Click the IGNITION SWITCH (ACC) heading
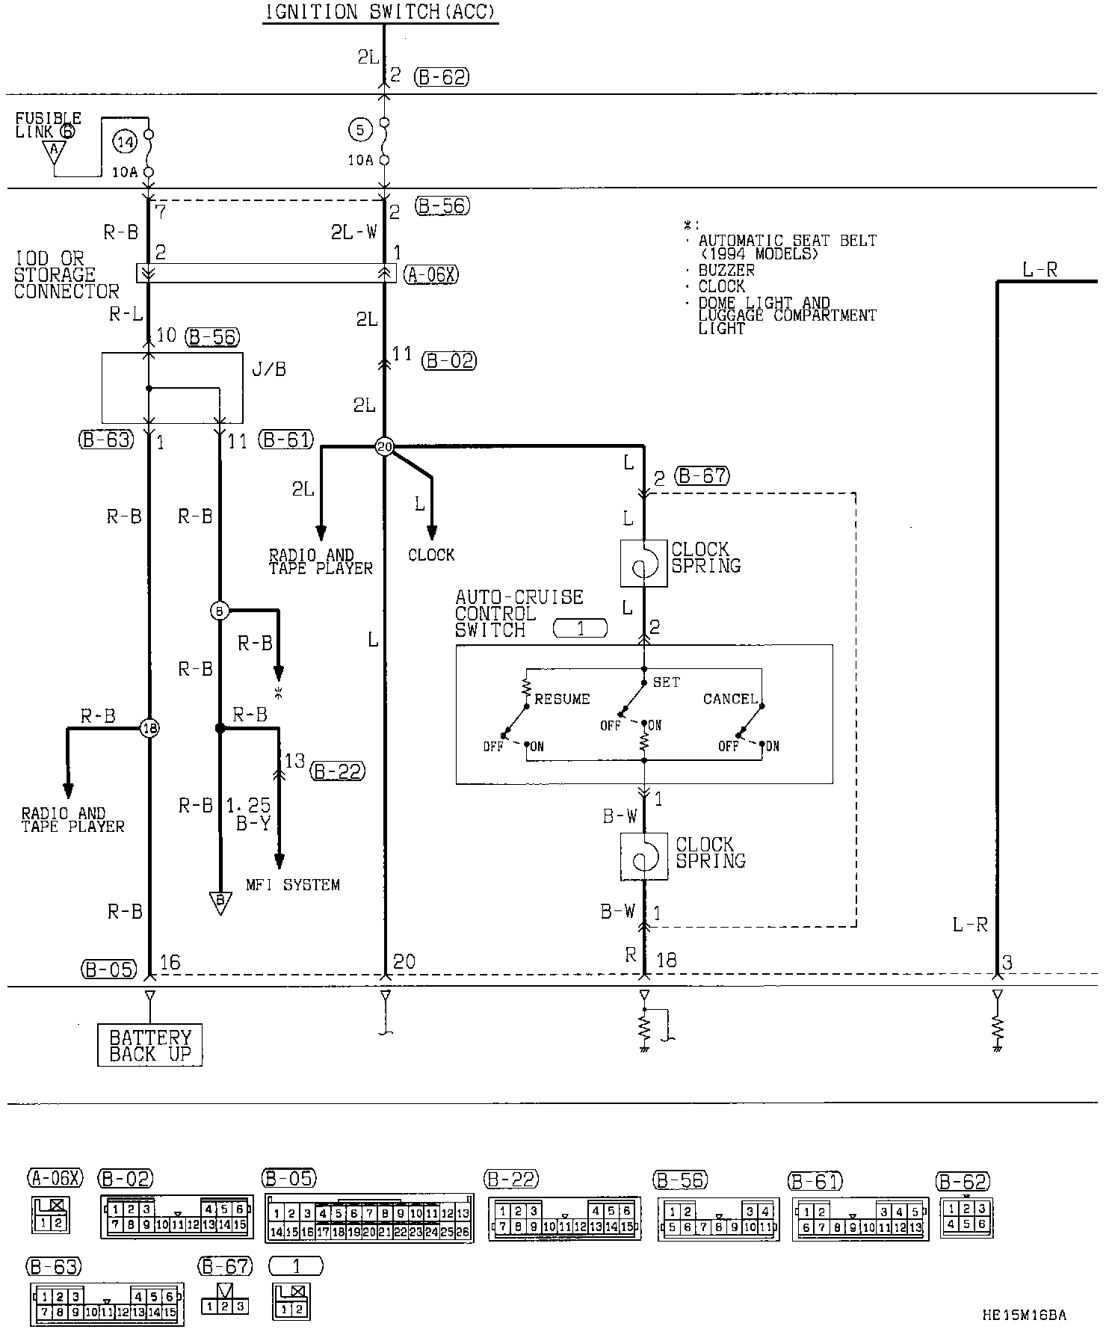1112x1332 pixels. [380, 13]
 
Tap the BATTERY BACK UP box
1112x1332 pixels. [150, 1045]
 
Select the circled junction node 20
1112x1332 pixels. [384, 447]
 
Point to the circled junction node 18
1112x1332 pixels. [150, 727]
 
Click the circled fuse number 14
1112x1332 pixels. [124, 140]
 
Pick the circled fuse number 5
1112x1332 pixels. [359, 130]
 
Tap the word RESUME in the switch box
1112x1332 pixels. [562, 699]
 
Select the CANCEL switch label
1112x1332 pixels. [730, 699]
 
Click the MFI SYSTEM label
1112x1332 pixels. [293, 885]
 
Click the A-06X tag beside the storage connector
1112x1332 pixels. [431, 275]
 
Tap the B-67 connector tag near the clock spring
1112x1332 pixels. [702, 476]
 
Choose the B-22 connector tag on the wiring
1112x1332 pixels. [338, 771]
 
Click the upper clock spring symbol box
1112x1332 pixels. [643, 564]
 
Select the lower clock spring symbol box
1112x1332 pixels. [643, 857]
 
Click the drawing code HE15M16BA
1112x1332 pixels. [1025, 1314]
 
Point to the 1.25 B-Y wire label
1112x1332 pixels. [249, 813]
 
